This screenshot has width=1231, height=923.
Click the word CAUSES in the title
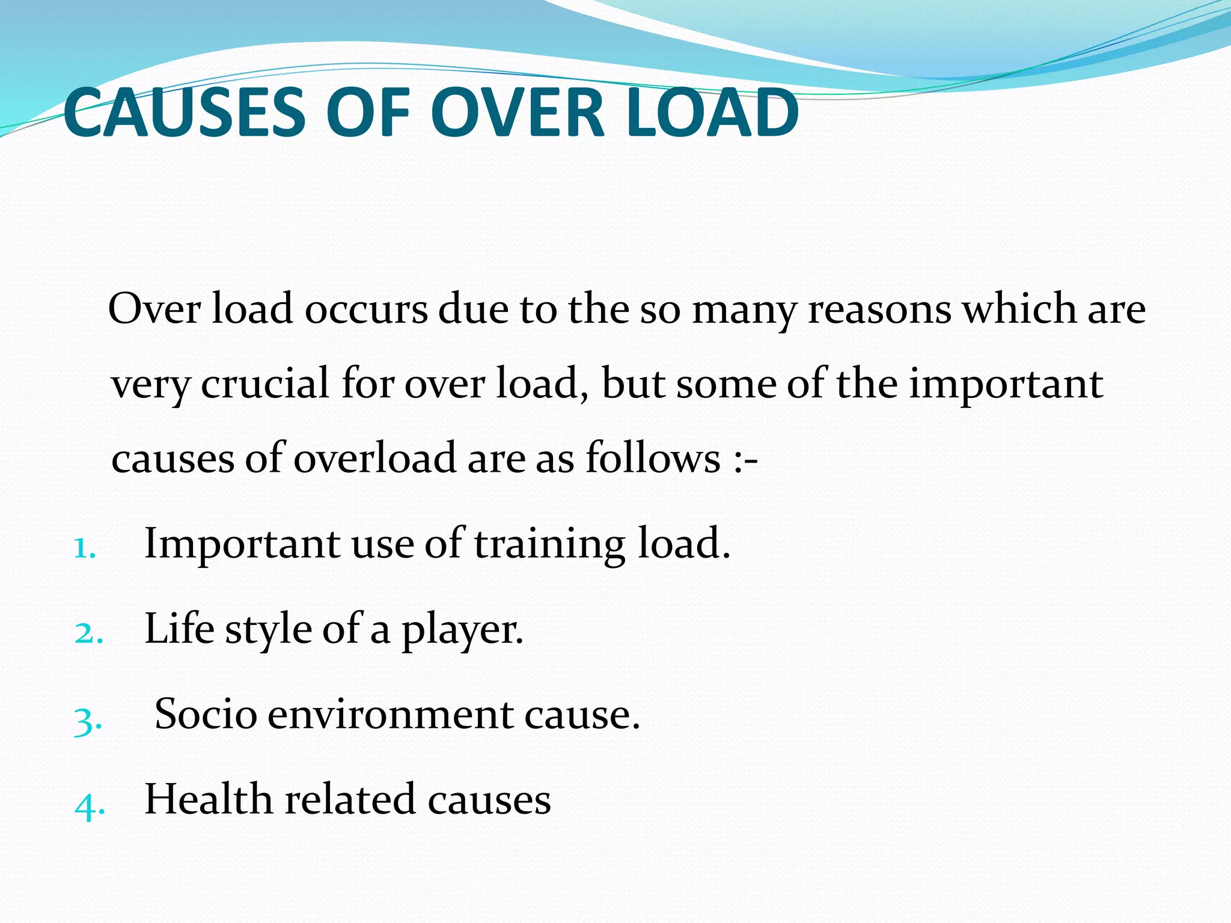click(187, 112)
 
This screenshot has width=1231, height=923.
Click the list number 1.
click(84, 548)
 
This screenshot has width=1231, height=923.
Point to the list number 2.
click(88, 633)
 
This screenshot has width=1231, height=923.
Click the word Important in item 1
click(242, 544)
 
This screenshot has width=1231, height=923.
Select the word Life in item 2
click(179, 629)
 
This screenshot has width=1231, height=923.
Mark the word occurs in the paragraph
click(366, 309)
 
